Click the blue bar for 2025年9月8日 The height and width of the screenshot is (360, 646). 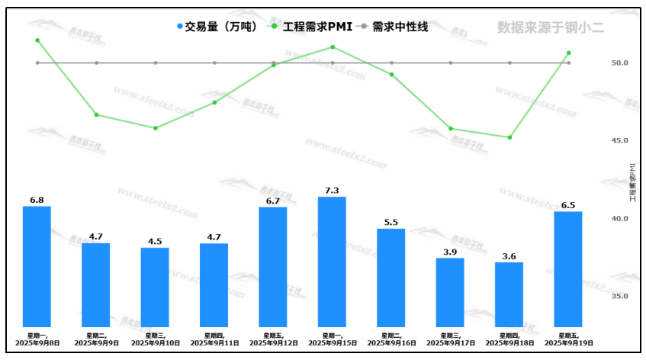37,267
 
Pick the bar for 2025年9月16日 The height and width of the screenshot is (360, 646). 391,278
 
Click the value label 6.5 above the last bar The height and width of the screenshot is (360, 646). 568,205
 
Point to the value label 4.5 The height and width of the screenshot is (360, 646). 155,241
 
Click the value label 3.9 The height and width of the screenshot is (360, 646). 450,252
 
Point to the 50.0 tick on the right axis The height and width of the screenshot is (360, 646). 619,63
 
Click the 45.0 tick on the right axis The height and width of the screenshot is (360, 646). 619,141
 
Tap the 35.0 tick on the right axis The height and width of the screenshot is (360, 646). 619,296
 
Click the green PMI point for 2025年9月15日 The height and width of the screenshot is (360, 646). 333,47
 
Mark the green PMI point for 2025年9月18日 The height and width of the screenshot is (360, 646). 509,137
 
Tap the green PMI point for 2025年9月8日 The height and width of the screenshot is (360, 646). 37,40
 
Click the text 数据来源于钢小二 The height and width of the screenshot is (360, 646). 550,27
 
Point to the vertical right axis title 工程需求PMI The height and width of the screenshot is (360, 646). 632,181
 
